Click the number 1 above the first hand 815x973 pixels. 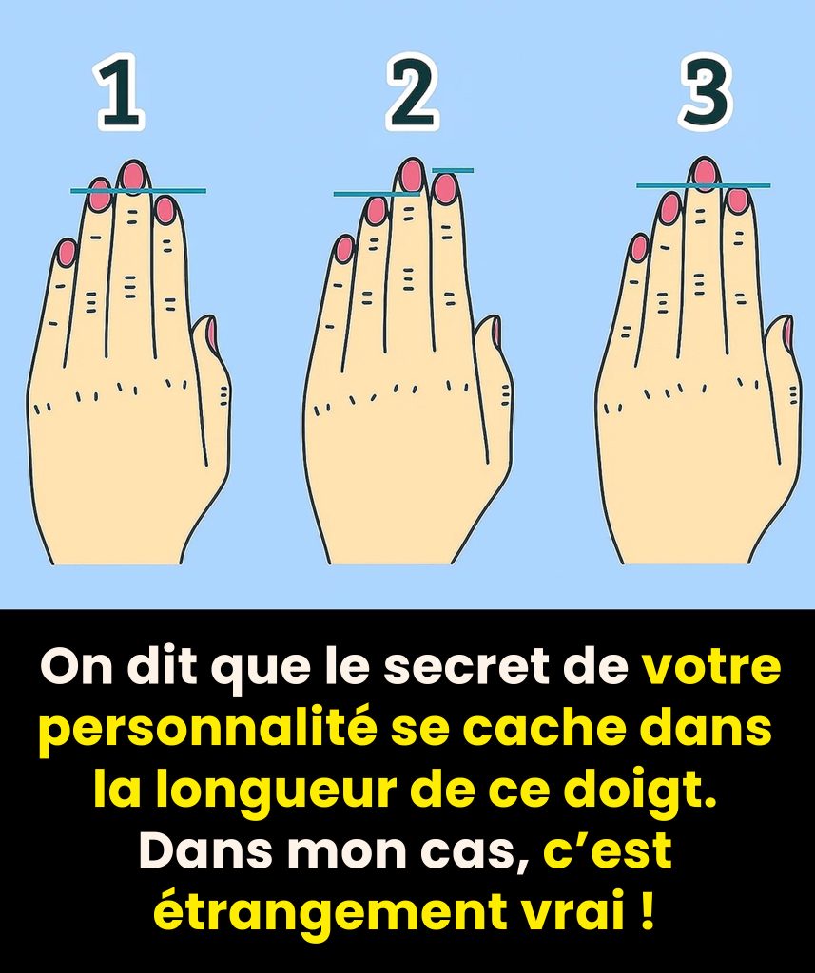tap(121, 93)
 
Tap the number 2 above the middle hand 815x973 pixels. tap(412, 93)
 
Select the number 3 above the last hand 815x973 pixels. tap(705, 93)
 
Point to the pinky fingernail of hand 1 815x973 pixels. tap(66, 252)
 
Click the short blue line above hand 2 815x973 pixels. tap(453, 170)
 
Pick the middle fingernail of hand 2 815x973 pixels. tap(410, 175)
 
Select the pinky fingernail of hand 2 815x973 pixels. tap(343, 250)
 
